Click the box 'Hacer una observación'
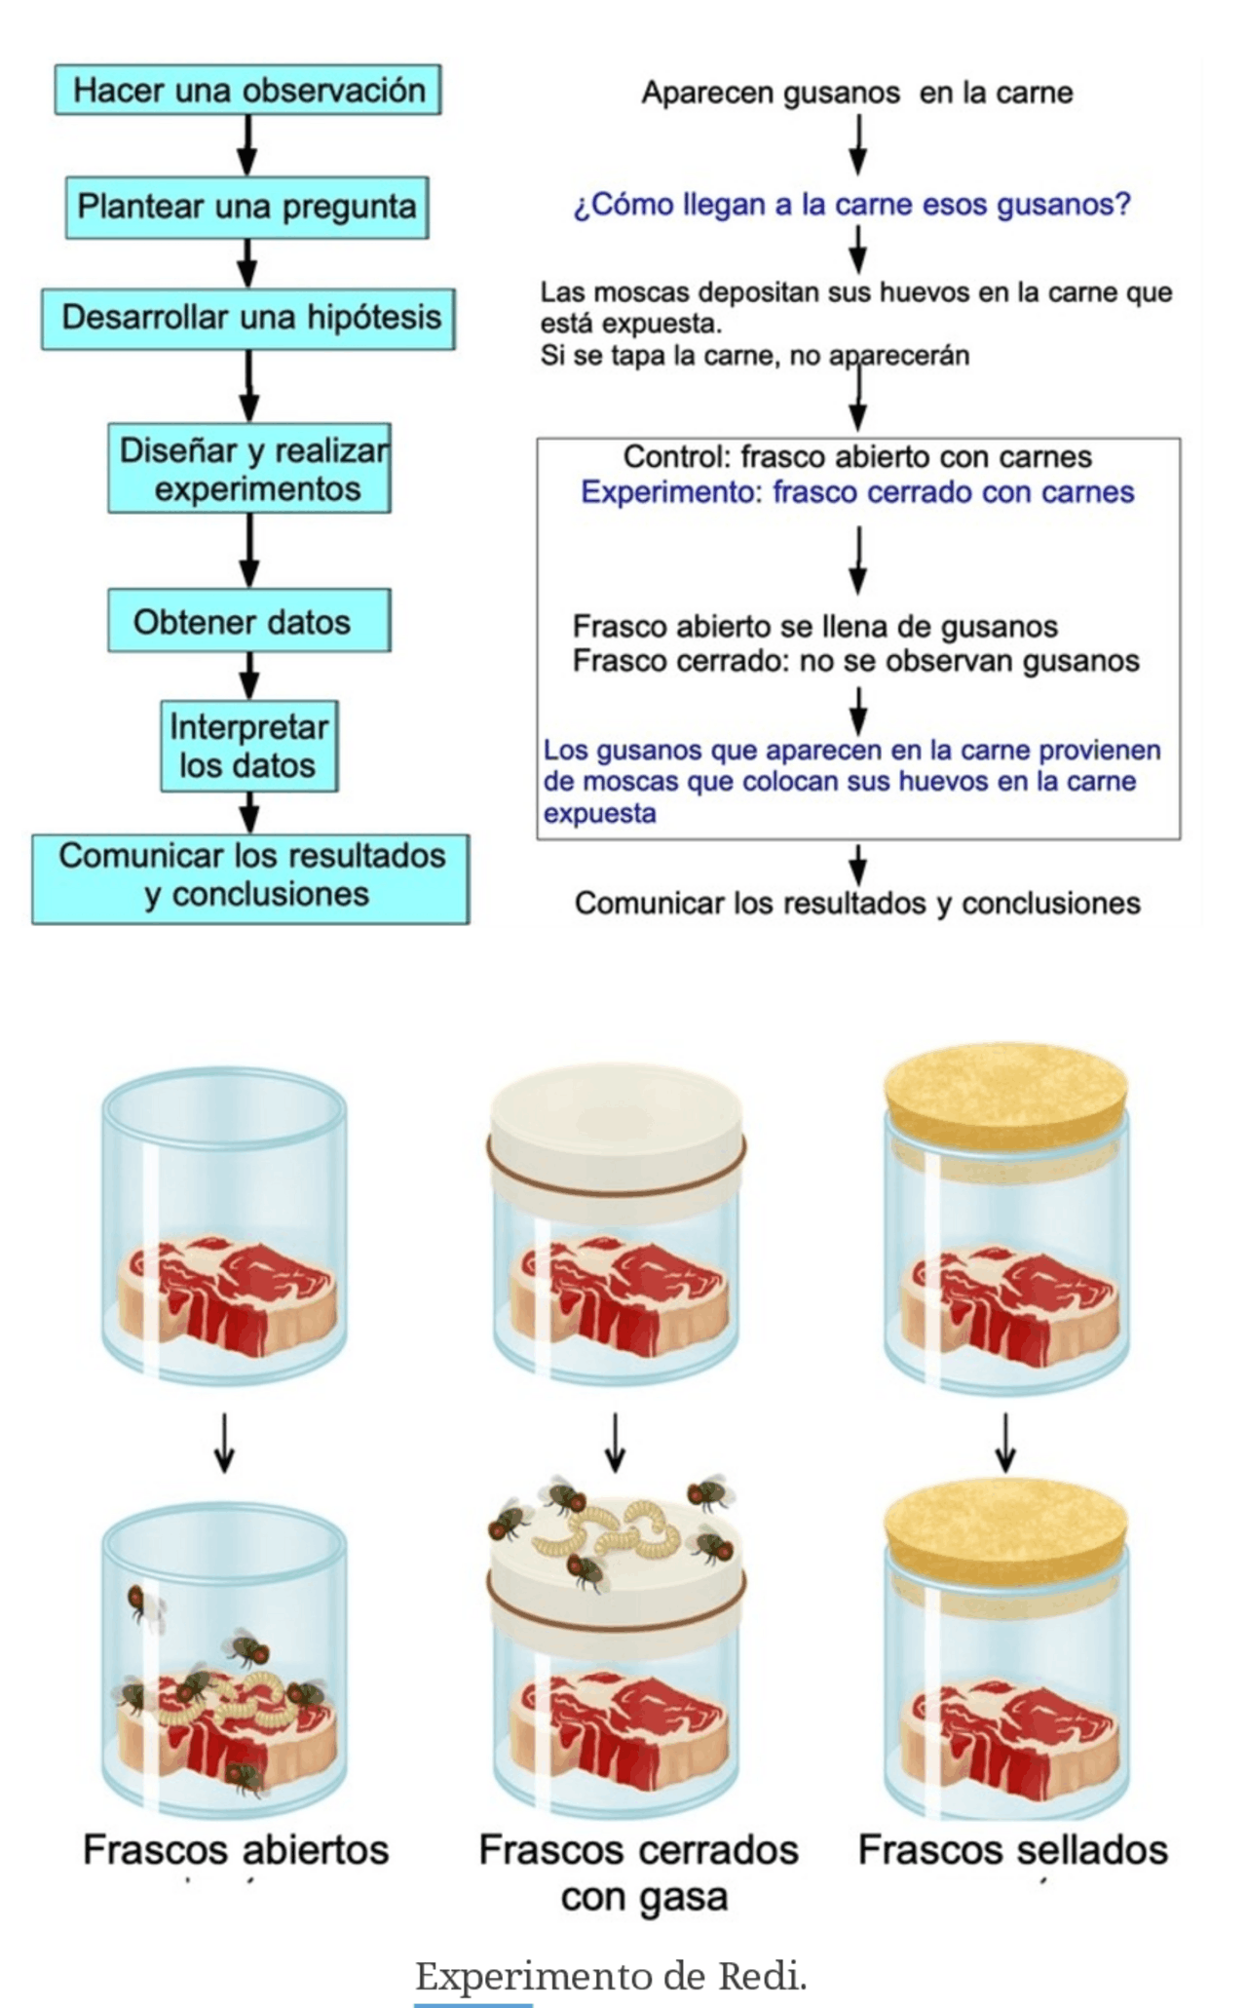click(247, 90)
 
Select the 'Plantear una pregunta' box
click(246, 207)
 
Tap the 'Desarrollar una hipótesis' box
click(248, 318)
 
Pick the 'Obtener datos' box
click(248, 621)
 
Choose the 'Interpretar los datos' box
click(248, 746)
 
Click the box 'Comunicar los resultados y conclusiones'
click(250, 876)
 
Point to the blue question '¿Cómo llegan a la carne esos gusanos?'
click(851, 205)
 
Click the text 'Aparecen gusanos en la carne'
click(856, 93)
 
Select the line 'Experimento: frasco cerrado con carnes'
click(857, 492)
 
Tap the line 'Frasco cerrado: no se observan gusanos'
click(855, 661)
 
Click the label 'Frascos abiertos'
click(236, 1849)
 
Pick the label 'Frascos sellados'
click(1012, 1849)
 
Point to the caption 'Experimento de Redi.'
click(611, 1976)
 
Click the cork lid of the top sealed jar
click(1005, 1085)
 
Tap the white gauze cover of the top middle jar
click(616, 1111)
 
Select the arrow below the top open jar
click(224, 1443)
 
